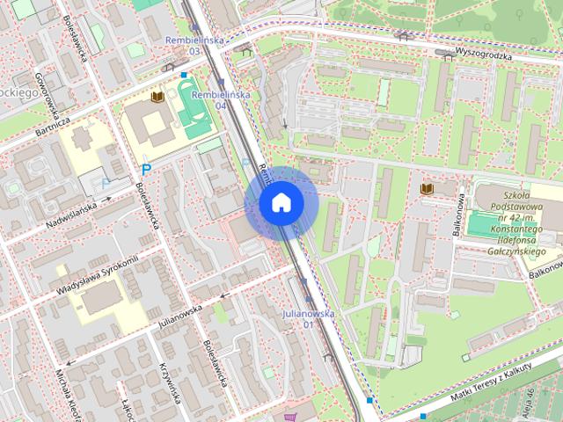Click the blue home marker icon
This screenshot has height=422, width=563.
click(281, 203)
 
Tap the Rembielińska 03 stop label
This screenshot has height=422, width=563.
click(195, 46)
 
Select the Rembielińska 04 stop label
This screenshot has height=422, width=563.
click(221, 99)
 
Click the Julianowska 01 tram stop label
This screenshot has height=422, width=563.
click(308, 318)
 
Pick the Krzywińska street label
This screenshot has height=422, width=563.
click(170, 385)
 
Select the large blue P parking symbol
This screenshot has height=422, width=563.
click(147, 169)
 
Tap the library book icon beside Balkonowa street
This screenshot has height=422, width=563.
click(428, 189)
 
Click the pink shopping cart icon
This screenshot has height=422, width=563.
click(290, 417)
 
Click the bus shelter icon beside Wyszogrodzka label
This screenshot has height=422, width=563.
click(405, 36)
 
